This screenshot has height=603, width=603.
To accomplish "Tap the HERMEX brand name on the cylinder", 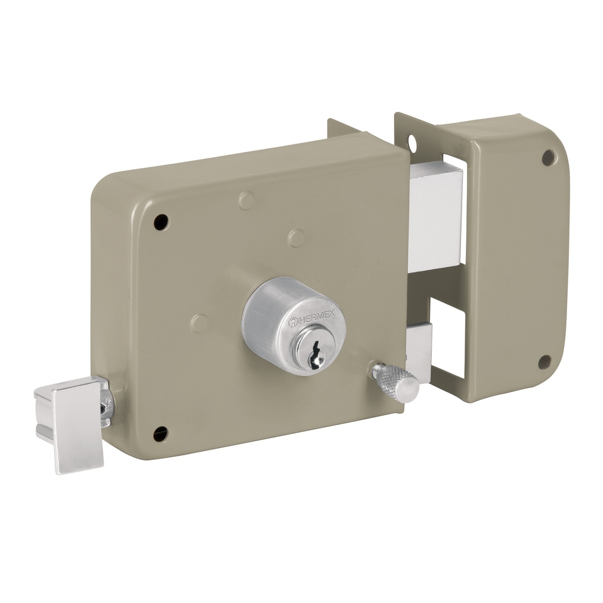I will [316, 319].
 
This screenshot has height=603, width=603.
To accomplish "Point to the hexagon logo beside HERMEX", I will [294, 322].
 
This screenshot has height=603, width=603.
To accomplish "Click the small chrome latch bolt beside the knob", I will [419, 350].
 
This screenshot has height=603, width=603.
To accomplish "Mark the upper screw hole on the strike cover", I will [548, 157].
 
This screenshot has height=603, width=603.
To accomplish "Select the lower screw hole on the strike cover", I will [545, 362].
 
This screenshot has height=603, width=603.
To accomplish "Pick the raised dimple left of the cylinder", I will [200, 323].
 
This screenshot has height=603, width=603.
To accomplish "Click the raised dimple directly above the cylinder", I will [297, 238].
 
